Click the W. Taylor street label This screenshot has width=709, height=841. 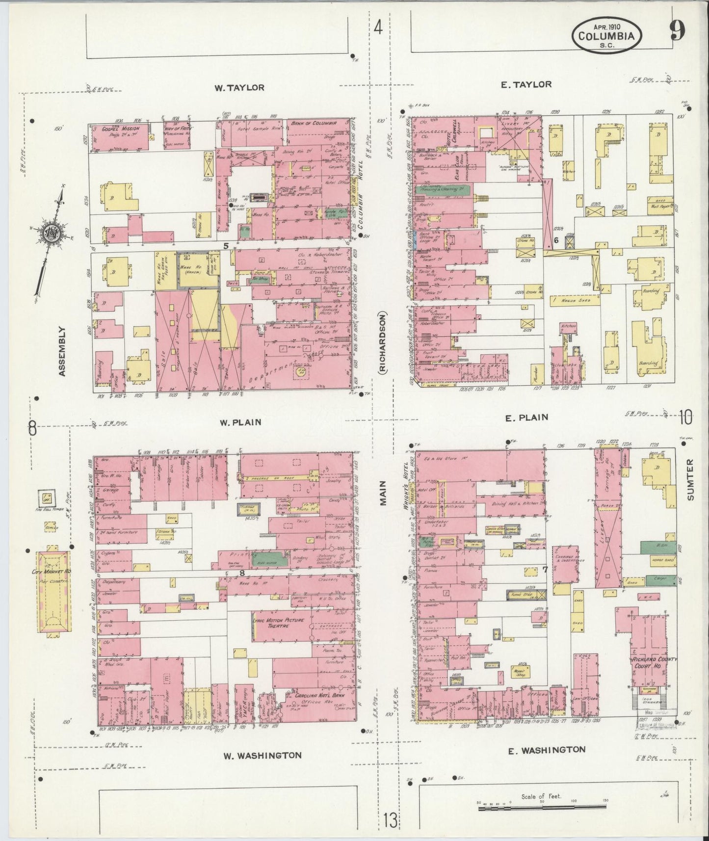tap(239, 88)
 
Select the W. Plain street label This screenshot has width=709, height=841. tap(240, 422)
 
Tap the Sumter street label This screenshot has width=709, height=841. tap(691, 479)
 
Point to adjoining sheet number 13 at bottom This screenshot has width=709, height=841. tap(391, 819)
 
